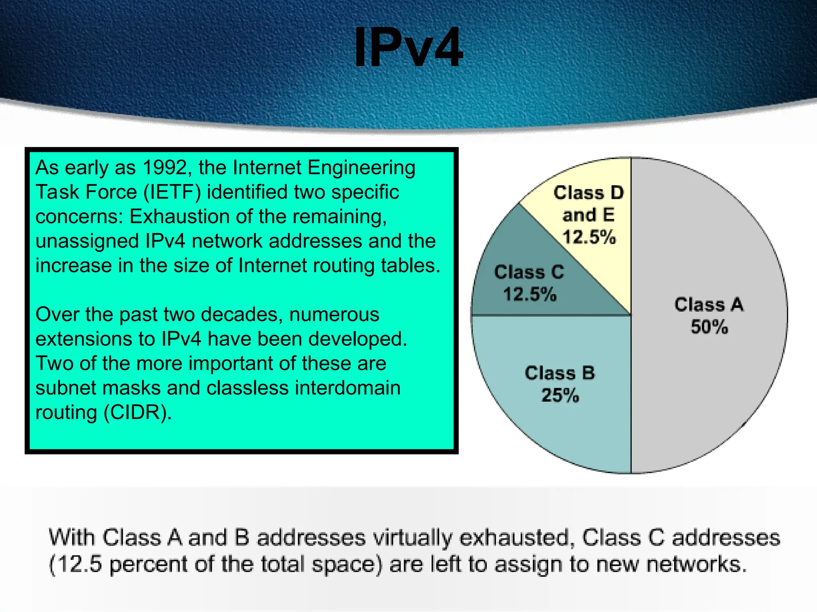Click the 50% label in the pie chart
709,327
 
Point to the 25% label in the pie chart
560,396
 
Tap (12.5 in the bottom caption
75,564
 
